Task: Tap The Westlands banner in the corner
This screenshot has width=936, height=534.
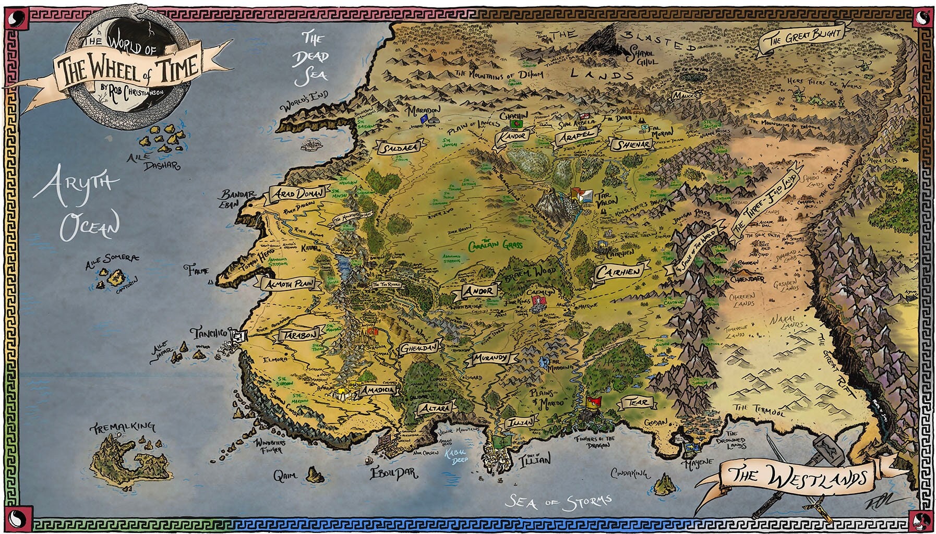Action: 799,476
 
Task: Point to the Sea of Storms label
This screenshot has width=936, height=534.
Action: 558,502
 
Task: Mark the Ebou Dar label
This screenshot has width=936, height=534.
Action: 394,474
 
